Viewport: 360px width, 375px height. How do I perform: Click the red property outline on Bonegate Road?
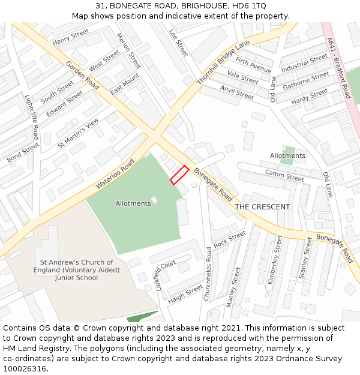click(x=179, y=175)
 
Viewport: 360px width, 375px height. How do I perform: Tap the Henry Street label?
click(x=71, y=37)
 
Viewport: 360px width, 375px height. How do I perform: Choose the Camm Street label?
click(x=284, y=175)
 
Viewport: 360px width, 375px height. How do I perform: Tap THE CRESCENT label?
click(x=262, y=207)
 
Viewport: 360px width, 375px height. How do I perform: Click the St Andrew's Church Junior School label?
click(x=76, y=270)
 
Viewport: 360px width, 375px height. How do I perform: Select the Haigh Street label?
click(x=185, y=293)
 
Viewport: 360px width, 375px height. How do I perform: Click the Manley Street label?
click(x=233, y=287)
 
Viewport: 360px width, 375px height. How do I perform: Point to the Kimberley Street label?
click(x=274, y=259)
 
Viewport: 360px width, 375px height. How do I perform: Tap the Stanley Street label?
click(x=305, y=259)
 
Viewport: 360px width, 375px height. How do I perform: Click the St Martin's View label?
click(x=78, y=133)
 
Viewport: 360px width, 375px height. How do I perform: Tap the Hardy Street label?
click(x=310, y=97)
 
